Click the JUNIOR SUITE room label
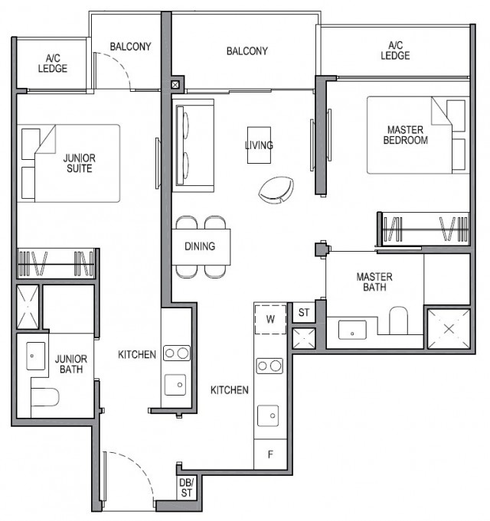click(x=79, y=163)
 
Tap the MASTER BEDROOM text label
click(x=405, y=135)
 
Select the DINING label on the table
click(x=200, y=246)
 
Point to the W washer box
click(x=270, y=318)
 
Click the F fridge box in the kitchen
click(x=269, y=454)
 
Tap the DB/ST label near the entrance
click(x=186, y=487)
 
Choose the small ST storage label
click(x=304, y=312)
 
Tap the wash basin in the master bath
click(x=352, y=331)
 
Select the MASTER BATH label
click(x=374, y=282)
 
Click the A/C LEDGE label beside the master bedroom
click(x=395, y=50)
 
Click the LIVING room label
click(x=259, y=145)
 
